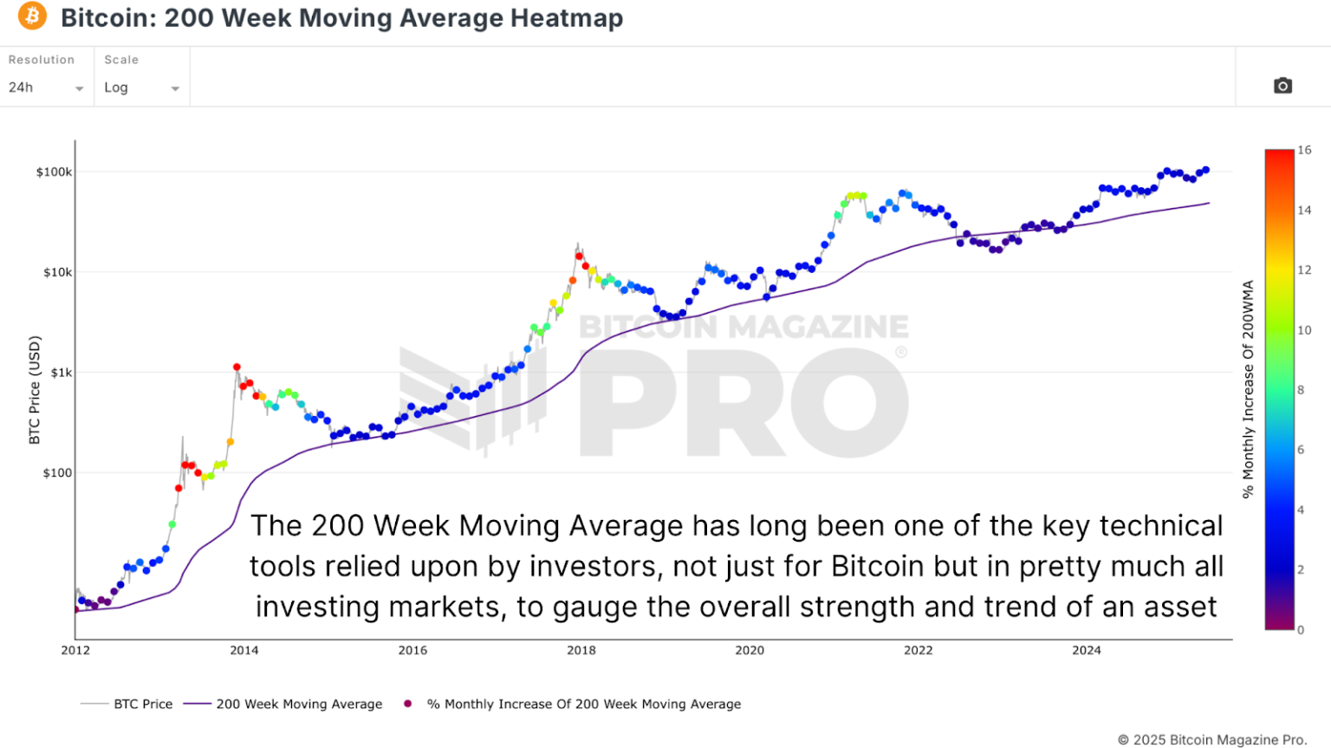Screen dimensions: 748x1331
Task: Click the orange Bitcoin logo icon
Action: point(32,16)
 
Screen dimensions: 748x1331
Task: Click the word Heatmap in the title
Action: point(567,18)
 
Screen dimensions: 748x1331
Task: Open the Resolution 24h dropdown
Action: point(46,88)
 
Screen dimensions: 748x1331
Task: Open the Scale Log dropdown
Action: point(141,88)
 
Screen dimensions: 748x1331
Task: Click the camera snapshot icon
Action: point(1282,86)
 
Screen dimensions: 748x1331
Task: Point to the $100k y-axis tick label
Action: point(54,172)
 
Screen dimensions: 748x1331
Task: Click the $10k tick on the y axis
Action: point(57,272)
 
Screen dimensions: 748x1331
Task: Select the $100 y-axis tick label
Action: point(57,472)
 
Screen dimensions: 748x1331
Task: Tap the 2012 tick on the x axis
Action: point(75,650)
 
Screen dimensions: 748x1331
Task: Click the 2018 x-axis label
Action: point(581,650)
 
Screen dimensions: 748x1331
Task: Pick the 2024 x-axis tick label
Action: point(1087,650)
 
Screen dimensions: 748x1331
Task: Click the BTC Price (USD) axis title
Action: point(35,390)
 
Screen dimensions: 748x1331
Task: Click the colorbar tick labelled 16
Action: point(1304,150)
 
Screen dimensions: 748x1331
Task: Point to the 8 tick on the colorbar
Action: point(1301,390)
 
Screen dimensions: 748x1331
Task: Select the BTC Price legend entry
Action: point(143,704)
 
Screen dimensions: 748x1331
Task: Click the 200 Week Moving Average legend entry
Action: point(299,704)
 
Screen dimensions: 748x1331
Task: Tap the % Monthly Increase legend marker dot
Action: point(407,704)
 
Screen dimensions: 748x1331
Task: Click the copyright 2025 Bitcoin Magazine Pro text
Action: point(1211,739)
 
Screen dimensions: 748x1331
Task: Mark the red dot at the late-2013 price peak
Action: point(237,367)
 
